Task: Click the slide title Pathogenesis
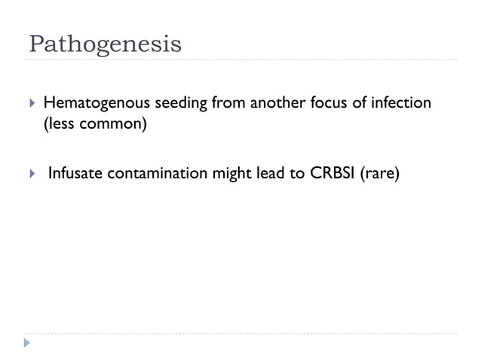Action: [105, 43]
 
